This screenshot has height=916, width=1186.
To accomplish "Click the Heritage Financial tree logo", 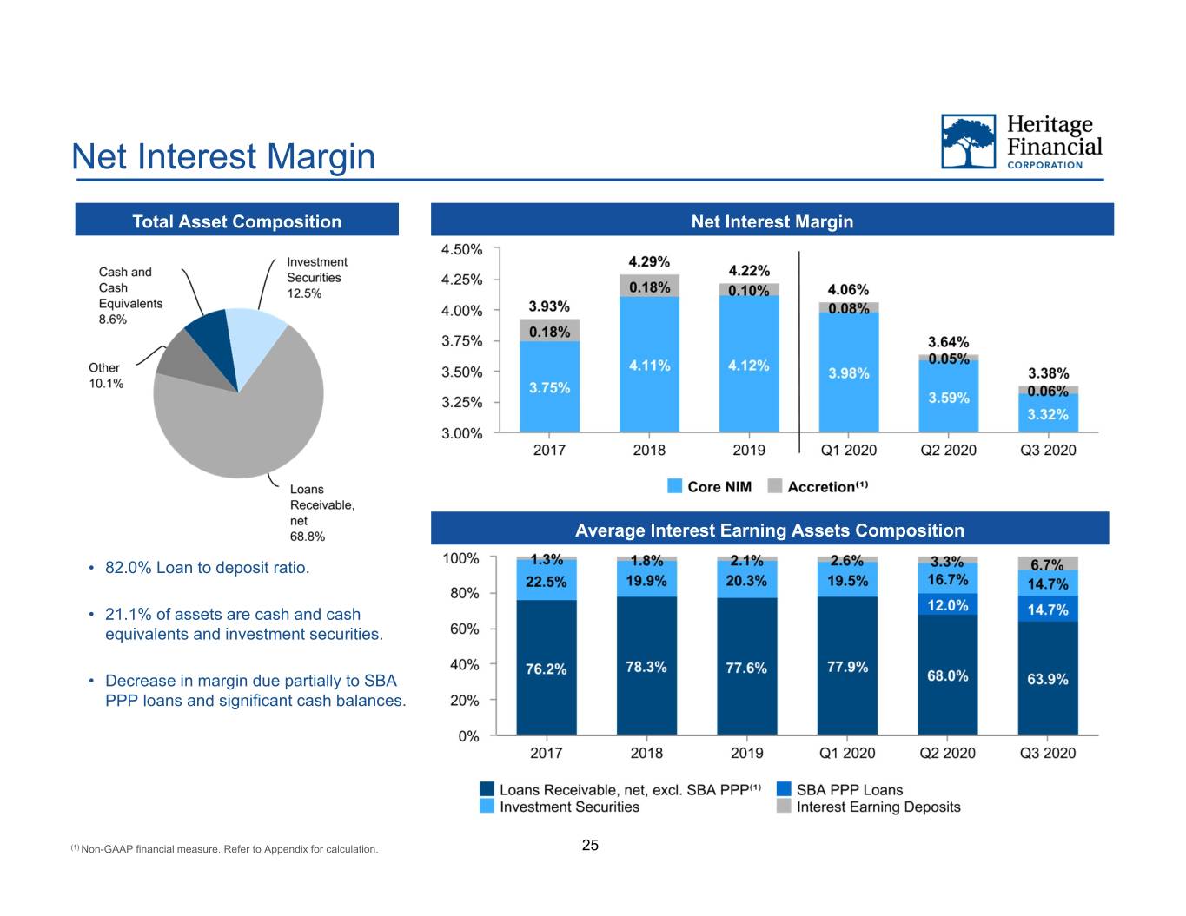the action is coord(968,142).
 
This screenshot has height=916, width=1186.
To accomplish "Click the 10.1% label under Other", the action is coord(106,383).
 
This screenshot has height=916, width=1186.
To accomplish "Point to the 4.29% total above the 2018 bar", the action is coord(649,261).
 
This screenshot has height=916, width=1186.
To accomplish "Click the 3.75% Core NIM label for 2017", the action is coord(549,387).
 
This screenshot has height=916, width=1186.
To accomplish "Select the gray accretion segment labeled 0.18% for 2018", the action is coord(649,286).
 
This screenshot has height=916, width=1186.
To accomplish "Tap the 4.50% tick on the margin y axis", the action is coord(461,249).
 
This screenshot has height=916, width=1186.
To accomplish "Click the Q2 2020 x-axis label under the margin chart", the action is coord(948,450).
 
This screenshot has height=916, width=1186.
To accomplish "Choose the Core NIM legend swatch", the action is coord(674,486).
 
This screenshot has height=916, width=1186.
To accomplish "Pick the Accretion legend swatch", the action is coord(774,486).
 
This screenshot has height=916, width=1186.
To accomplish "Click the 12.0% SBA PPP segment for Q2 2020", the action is coord(947,604).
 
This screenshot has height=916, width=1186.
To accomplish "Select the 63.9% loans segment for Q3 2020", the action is coord(1047,678).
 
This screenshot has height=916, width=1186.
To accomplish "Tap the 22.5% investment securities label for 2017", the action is coord(546,582).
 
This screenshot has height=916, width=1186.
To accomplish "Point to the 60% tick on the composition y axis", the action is coord(465,629).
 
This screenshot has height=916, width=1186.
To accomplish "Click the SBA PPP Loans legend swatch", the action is coord(784,789).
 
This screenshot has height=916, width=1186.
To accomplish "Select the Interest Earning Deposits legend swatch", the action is coord(784,806).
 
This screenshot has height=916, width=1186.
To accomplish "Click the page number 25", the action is coord(590,845).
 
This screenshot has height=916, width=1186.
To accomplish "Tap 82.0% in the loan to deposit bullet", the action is coord(129,568).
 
